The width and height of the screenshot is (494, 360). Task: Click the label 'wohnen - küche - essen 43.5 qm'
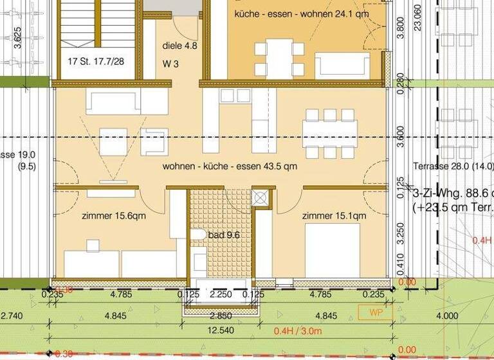click(229, 166)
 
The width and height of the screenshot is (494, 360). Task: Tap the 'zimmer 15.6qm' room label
click(114, 215)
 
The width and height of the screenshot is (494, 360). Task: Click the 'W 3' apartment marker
click(170, 64)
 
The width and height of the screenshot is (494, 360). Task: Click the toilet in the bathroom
click(199, 235)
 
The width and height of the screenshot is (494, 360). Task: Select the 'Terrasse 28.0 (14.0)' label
click(453, 166)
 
